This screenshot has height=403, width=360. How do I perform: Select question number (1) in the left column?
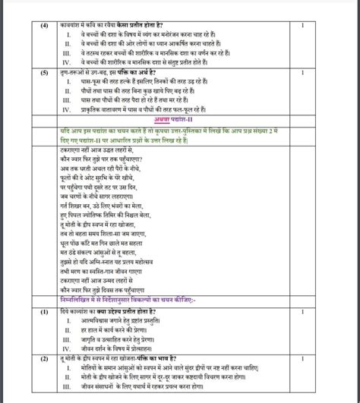(x=46, y=311)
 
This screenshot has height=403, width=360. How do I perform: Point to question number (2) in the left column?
(x=46, y=357)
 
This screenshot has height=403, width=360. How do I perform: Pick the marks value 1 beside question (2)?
(x=302, y=357)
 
